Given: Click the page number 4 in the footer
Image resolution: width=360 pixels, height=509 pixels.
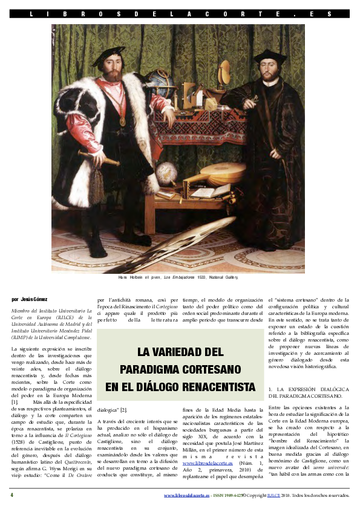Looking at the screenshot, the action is point(11,495).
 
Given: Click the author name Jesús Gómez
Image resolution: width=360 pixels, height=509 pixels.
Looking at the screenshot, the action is point(30,299).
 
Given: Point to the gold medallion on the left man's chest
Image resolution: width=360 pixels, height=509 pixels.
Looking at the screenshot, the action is point(123,120).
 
